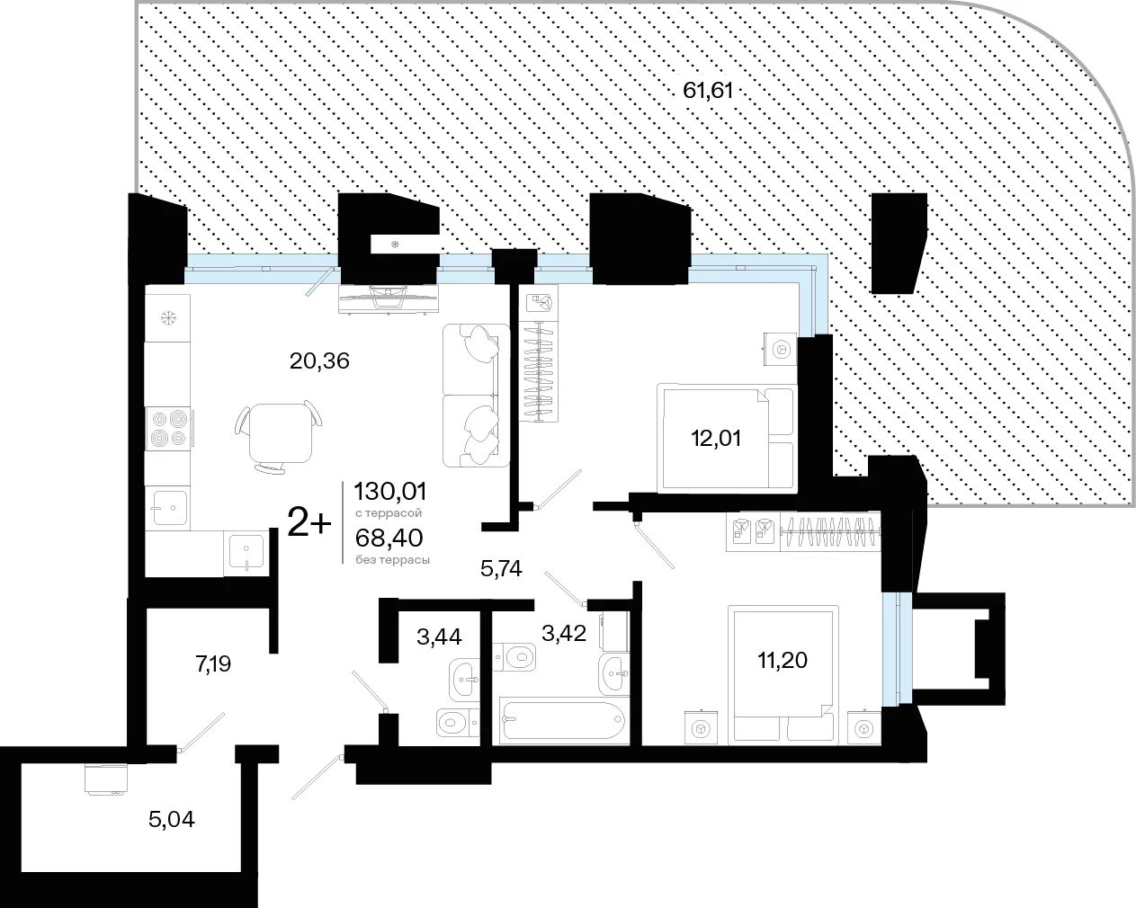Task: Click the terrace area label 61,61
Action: pos(708,91)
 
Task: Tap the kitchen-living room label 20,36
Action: pos(319,361)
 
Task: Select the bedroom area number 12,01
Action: pos(716,439)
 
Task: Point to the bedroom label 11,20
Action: pos(783,660)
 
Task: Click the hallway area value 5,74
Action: pos(501,569)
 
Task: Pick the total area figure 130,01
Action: pos(389,491)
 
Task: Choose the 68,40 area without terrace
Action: pos(389,539)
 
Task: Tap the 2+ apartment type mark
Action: pos(309,522)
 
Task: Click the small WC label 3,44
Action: pos(439,636)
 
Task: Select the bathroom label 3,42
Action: pos(564,633)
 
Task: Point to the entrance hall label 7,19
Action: pos(213,663)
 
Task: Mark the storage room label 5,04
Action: pos(172,819)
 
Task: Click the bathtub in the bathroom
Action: pos(563,719)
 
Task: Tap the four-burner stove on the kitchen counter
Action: pos(168,429)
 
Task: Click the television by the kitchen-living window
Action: pos(389,299)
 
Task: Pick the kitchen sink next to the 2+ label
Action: pos(246,553)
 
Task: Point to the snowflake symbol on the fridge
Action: pos(168,318)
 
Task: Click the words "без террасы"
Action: pos(392,560)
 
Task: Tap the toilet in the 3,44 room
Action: pos(457,722)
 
